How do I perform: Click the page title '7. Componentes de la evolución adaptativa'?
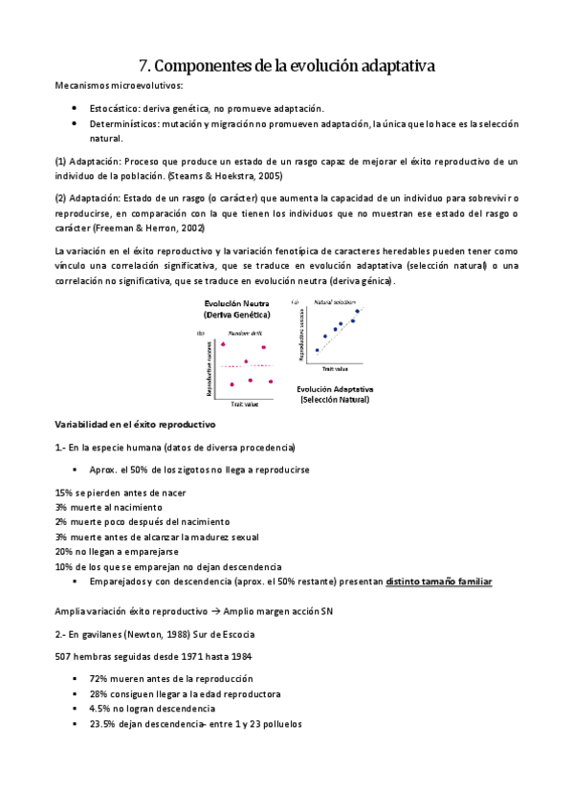pyautogui.click(x=286, y=66)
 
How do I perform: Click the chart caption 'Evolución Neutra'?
pyautogui.click(x=235, y=303)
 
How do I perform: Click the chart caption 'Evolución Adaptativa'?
pyautogui.click(x=334, y=389)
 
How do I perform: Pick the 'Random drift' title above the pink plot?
pyautogui.click(x=239, y=332)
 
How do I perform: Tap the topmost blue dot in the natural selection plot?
pyautogui.click(x=358, y=311)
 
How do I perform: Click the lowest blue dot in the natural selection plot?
pyautogui.click(x=318, y=350)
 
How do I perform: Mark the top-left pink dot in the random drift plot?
pyautogui.click(x=223, y=343)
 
